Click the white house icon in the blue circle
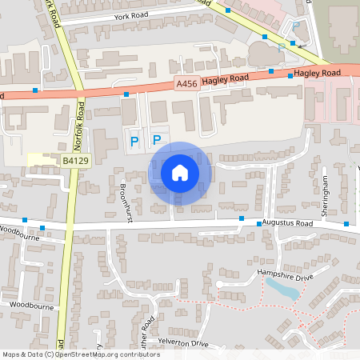180,172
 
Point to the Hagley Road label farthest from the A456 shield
318,73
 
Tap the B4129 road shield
76,161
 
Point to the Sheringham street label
325,192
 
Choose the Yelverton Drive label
183,344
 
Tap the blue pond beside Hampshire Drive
283,289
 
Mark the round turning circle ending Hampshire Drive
218,284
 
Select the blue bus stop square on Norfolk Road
81,103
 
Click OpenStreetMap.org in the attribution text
87,354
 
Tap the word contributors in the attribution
138,354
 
